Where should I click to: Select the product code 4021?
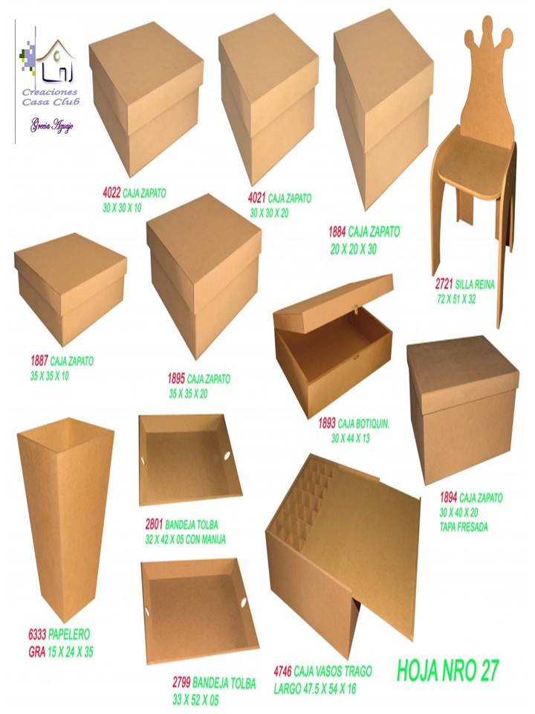(256, 199)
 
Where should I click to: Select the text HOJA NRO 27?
(448, 669)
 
